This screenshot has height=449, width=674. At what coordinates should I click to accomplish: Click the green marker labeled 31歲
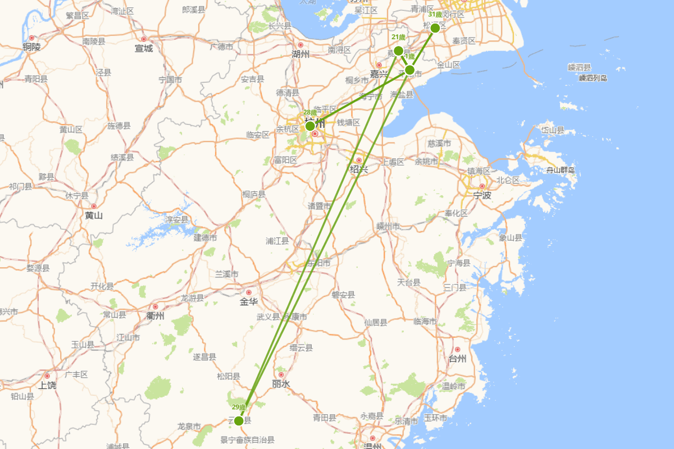tap(435, 28)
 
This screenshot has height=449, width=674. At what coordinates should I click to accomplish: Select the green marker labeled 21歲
tap(399, 51)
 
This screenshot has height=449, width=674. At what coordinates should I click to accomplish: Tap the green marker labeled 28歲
tap(310, 126)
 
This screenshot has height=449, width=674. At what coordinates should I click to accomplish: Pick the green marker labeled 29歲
tap(239, 420)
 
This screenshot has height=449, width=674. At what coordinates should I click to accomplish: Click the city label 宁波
tap(482, 196)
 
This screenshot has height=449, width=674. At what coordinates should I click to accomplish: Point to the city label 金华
tap(248, 302)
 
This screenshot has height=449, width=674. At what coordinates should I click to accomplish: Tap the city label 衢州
tap(155, 316)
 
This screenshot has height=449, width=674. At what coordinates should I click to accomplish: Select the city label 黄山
tap(94, 216)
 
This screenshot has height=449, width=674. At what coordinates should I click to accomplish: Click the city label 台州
tap(458, 359)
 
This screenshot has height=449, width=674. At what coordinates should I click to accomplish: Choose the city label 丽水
tap(281, 384)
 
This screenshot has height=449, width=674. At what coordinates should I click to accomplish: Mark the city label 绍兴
tap(359, 169)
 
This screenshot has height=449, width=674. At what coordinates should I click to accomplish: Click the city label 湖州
tap(300, 54)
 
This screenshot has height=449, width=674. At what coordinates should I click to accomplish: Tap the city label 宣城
tap(144, 48)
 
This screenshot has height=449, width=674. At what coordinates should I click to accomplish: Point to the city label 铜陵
tap(31, 47)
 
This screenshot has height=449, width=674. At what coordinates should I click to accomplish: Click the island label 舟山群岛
tap(561, 170)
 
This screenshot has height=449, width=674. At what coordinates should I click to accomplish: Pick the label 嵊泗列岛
tap(593, 78)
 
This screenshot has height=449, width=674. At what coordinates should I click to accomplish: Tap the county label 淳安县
tap(176, 220)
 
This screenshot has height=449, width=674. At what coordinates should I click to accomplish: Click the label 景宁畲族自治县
tap(247, 441)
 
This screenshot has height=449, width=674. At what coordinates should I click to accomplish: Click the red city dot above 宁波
tap(482, 186)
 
